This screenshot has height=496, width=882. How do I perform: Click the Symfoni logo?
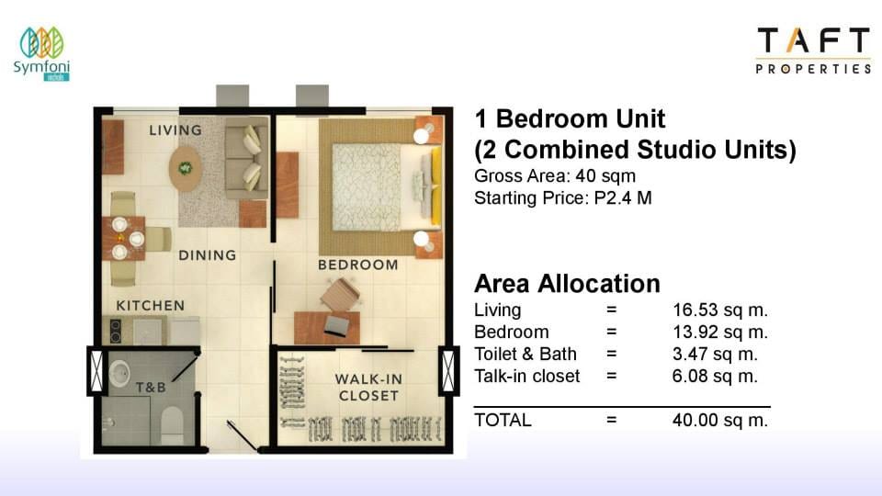(x=41, y=54)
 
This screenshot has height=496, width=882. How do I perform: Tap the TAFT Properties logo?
(x=813, y=50)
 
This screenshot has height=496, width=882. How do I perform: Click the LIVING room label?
(x=175, y=130)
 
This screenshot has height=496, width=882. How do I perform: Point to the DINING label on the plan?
(x=208, y=255)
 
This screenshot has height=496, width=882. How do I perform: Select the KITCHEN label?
(x=150, y=306)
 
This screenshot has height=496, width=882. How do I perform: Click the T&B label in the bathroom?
(x=151, y=388)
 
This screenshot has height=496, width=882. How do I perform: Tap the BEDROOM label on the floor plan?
(x=357, y=265)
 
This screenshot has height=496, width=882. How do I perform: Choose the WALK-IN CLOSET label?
(x=369, y=388)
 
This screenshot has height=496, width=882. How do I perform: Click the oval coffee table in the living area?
(x=186, y=169)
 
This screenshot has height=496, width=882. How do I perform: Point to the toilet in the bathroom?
(x=172, y=425)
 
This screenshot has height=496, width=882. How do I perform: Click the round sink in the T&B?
(x=119, y=373)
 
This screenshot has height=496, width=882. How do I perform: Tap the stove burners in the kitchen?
(x=116, y=331)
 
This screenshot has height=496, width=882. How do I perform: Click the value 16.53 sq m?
(x=720, y=310)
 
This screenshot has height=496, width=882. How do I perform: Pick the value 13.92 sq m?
(x=720, y=332)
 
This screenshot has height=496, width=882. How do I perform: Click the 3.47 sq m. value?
(x=715, y=354)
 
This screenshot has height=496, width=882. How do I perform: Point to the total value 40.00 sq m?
(x=720, y=420)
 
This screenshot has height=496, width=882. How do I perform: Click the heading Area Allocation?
(x=567, y=284)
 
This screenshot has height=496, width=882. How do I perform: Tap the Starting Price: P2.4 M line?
(x=562, y=198)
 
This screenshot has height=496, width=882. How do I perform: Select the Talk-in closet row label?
(x=526, y=376)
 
